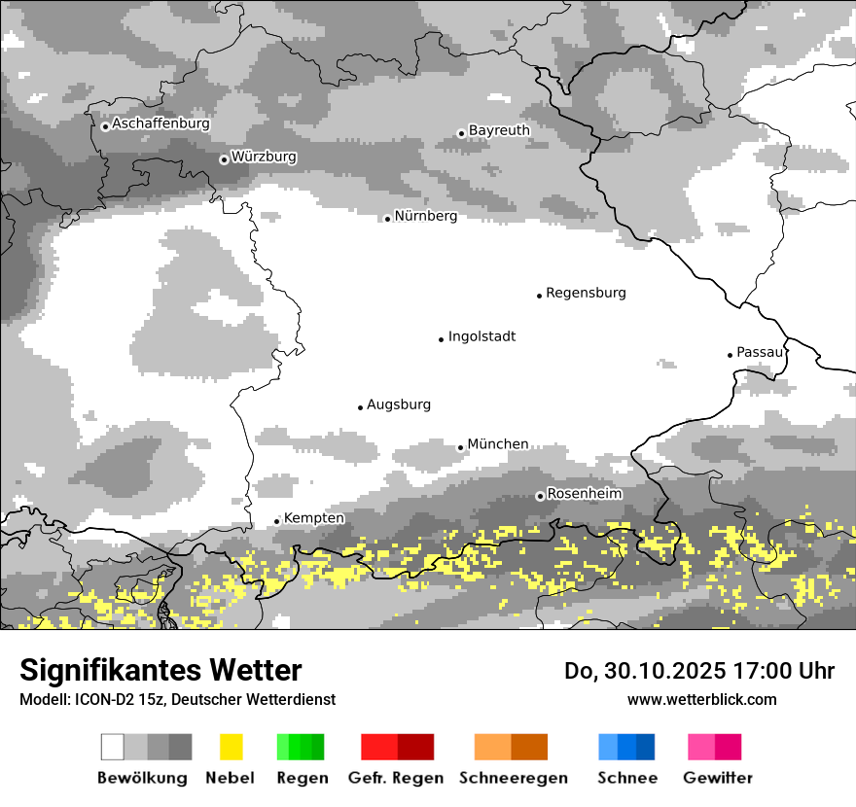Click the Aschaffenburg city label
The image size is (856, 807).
[160, 124]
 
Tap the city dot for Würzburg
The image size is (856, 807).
[224, 159]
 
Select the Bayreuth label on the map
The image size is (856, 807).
[499, 130]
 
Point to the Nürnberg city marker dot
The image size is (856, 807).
[387, 219]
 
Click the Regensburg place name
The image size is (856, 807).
[586, 293]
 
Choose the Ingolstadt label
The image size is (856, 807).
[481, 336]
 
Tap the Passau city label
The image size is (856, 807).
[760, 352]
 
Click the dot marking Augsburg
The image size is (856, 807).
[360, 407]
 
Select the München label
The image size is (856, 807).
[498, 444]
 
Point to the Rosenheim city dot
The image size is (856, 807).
[540, 496]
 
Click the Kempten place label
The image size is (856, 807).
[313, 518]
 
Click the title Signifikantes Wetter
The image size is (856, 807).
[160, 670]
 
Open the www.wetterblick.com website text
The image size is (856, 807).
[701, 699]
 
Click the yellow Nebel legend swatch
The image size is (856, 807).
[231, 747]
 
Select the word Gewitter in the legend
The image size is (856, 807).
[717, 778]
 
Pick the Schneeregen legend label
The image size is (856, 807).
[513, 778]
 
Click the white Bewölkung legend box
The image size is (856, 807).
[113, 747]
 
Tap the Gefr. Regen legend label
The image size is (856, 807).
[395, 778]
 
